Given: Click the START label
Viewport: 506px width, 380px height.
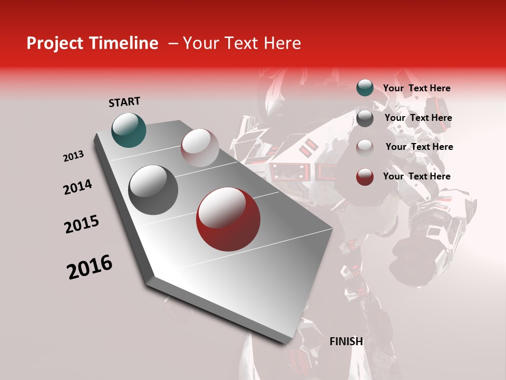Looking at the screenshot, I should click(124, 102).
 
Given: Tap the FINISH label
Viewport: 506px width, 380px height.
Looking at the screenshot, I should click(346, 341).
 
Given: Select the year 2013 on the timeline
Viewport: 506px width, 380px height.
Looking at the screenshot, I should click(74, 156).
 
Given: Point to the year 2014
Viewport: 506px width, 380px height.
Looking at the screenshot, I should click(77, 187).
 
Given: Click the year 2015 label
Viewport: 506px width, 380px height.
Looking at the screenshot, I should click(82, 224).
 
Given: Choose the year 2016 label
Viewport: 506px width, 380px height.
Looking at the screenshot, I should click(90, 267).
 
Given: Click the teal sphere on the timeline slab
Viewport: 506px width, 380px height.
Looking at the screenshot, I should click(129, 130).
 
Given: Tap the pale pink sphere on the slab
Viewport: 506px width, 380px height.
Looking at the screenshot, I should click(200, 148).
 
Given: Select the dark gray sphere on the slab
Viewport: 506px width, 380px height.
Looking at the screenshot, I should click(153, 190).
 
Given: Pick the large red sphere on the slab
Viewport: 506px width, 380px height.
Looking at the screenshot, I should click(228, 219).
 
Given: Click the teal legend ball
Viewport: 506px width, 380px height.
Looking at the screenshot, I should click(365, 88).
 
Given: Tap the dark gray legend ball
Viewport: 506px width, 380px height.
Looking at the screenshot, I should click(365, 118).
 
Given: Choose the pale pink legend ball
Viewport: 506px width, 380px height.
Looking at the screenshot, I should click(365, 147).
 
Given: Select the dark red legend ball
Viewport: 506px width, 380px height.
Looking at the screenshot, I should click(365, 177).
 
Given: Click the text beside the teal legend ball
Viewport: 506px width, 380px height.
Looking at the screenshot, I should click(416, 88).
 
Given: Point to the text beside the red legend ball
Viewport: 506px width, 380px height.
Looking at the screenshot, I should click(416, 176).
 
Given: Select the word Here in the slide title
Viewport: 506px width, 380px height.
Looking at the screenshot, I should click(282, 43).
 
